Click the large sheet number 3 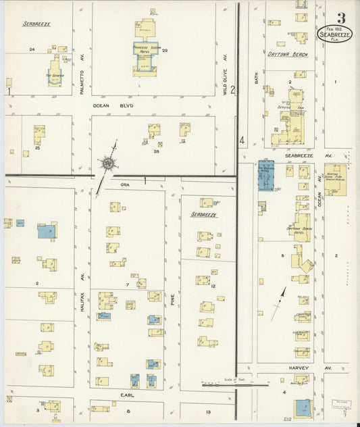(341, 18)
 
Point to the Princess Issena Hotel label (145, 49)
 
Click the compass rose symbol (107, 162)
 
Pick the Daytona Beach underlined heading (287, 54)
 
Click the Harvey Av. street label (307, 368)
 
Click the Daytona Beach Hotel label (301, 230)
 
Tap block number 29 (164, 50)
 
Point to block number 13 (209, 411)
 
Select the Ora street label (125, 184)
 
